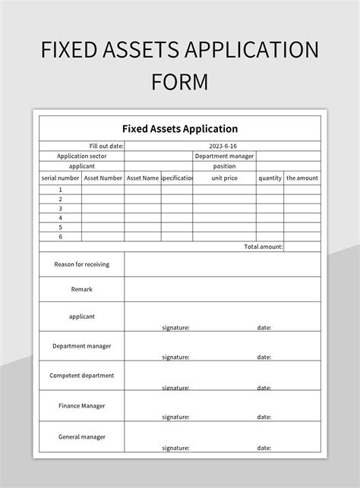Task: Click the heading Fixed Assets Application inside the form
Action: tap(180, 128)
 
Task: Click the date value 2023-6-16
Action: tap(224, 146)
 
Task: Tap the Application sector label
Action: tap(82, 156)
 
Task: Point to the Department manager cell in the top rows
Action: tap(224, 156)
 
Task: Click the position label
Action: tap(224, 166)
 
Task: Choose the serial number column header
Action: tap(60, 178)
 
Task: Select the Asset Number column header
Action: tap(103, 178)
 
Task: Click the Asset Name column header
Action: tap(143, 178)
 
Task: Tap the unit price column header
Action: tap(224, 178)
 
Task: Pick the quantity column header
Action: tap(270, 178)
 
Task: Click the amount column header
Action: tap(302, 178)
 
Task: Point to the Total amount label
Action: tap(264, 247)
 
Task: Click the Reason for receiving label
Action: tap(82, 264)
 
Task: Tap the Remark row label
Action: tap(82, 289)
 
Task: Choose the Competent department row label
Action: tap(82, 375)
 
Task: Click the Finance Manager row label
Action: tap(82, 405)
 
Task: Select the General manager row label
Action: tap(82, 436)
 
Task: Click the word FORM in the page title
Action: tap(180, 80)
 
